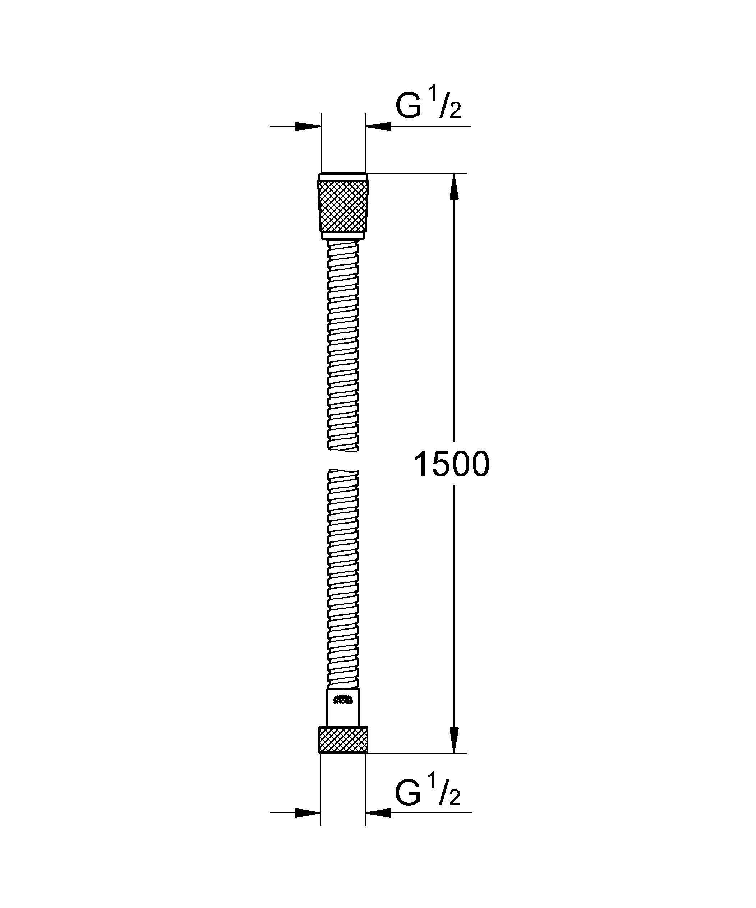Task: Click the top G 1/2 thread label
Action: pos(428,106)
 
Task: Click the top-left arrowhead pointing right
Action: pos(308,126)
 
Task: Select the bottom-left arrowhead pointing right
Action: pos(308,813)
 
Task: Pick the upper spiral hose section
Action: pos(344,346)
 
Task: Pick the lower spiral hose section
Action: pos(344,579)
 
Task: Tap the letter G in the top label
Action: pos(409,106)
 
